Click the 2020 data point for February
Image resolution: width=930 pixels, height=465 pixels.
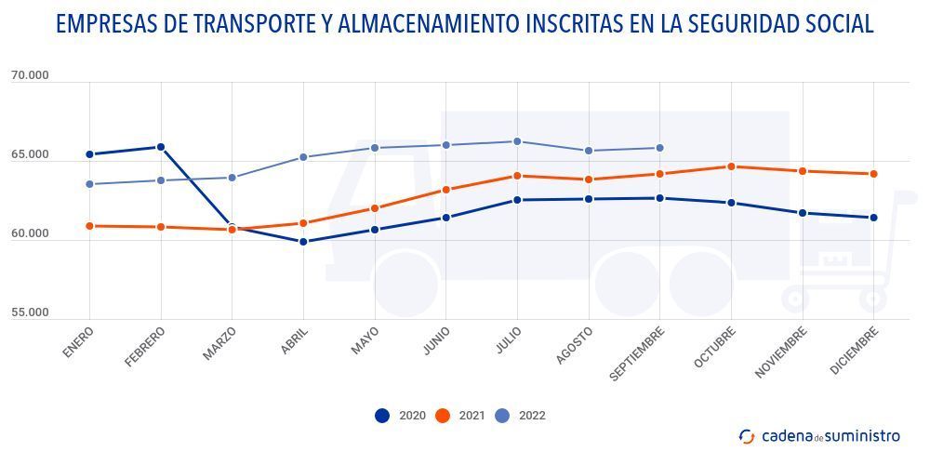click(161, 147)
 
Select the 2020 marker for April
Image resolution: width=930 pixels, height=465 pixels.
click(303, 242)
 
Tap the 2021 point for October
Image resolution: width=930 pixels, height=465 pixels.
click(731, 166)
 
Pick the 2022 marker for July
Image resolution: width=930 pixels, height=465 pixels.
click(517, 141)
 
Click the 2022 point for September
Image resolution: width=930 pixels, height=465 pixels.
click(660, 148)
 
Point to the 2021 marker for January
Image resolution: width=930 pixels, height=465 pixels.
click(89, 226)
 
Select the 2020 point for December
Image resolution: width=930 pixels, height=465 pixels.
click(873, 218)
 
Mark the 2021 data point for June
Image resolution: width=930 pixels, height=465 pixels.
click(446, 190)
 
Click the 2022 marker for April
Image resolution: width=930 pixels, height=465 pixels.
click(303, 157)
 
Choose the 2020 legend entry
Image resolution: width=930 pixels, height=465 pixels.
click(400, 416)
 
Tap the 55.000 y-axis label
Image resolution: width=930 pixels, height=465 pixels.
click(30, 313)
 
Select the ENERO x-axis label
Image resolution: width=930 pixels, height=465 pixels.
click(79, 342)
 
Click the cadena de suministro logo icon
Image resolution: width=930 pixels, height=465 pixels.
click(747, 436)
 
